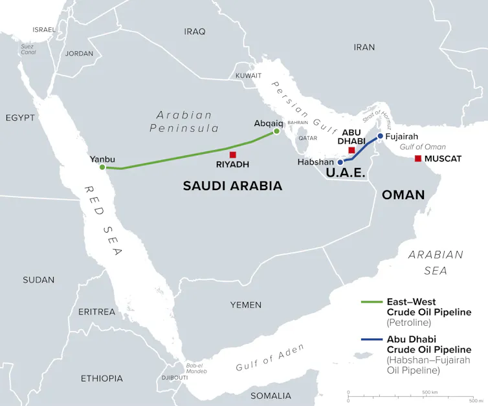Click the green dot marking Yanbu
pyautogui.click(x=102, y=167)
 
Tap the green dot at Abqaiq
pyautogui.click(x=276, y=131)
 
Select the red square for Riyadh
pyautogui.click(x=233, y=155)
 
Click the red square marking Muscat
pyautogui.click(x=418, y=158)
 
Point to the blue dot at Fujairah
pyautogui.click(x=380, y=136)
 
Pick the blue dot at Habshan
pyautogui.click(x=340, y=162)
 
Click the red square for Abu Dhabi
pyautogui.click(x=351, y=150)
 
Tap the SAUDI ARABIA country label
pyautogui.click(x=232, y=186)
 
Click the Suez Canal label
pyautogui.click(x=28, y=49)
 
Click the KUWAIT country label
pyautogui.click(x=249, y=76)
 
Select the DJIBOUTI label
pyautogui.click(x=174, y=377)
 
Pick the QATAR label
pyautogui.click(x=307, y=138)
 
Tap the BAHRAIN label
pyautogui.click(x=298, y=122)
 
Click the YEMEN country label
pyautogui.click(x=246, y=304)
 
